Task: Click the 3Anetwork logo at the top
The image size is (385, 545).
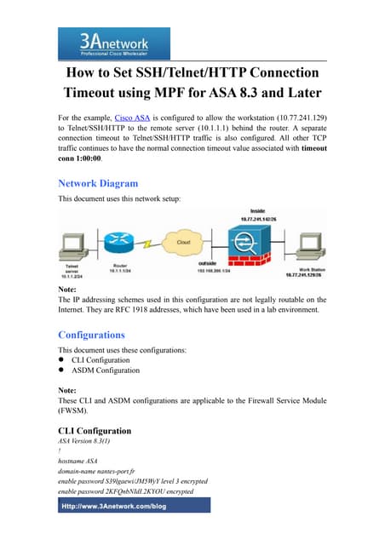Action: pos(113,43)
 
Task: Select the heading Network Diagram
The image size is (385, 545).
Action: pos(97,182)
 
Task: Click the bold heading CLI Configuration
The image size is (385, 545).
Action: pos(94,431)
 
